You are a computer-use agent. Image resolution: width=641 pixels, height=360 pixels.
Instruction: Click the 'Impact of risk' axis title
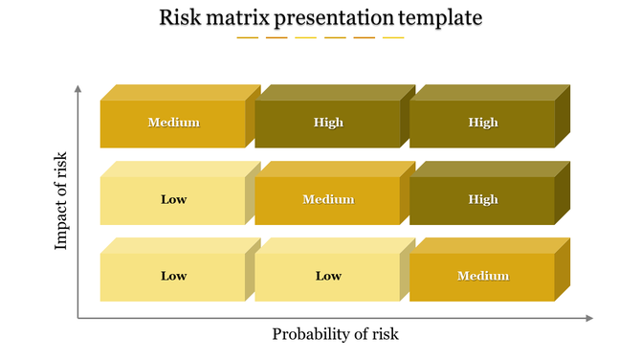click(61, 201)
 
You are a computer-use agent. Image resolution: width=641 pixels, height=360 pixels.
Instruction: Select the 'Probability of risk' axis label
click(335, 334)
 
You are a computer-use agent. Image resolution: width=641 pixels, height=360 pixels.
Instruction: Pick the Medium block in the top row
click(173, 123)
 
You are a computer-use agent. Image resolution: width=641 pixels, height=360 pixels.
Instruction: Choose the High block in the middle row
click(483, 199)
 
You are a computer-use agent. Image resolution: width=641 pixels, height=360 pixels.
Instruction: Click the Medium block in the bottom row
click(482, 277)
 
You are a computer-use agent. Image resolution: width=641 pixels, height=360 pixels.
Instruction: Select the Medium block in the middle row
click(328, 199)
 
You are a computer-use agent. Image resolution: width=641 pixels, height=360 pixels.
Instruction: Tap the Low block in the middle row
click(173, 199)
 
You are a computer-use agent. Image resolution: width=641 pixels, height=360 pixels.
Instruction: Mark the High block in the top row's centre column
click(328, 123)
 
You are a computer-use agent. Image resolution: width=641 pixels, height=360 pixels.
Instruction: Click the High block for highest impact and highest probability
click(483, 123)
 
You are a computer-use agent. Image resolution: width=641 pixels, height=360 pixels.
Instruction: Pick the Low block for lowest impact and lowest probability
click(173, 277)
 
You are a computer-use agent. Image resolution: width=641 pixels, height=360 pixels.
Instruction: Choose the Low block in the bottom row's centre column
click(328, 277)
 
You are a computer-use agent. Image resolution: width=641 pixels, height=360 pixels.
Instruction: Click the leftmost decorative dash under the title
click(248, 38)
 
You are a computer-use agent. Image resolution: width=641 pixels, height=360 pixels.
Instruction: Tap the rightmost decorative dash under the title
click(393, 38)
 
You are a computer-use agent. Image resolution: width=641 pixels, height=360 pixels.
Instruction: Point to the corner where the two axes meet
click(78, 318)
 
